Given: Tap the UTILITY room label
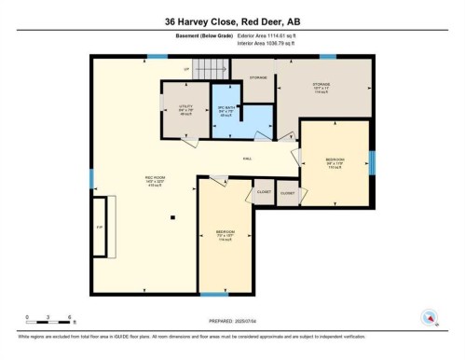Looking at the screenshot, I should point(186,108).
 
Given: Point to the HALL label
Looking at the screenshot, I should point(249,159).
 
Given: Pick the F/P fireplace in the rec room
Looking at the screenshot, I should point(103,225).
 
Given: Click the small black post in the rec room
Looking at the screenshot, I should point(172,218).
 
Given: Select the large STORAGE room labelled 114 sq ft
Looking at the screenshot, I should point(322,88).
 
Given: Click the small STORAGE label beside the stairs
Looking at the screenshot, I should point(258,77).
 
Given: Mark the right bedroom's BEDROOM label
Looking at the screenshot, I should point(335,159).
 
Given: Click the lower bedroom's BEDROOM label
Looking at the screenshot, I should point(225,232).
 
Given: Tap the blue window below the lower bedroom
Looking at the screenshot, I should point(224,294).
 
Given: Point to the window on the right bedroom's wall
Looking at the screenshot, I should point(371,163).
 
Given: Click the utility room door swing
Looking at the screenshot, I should point(191,141).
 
